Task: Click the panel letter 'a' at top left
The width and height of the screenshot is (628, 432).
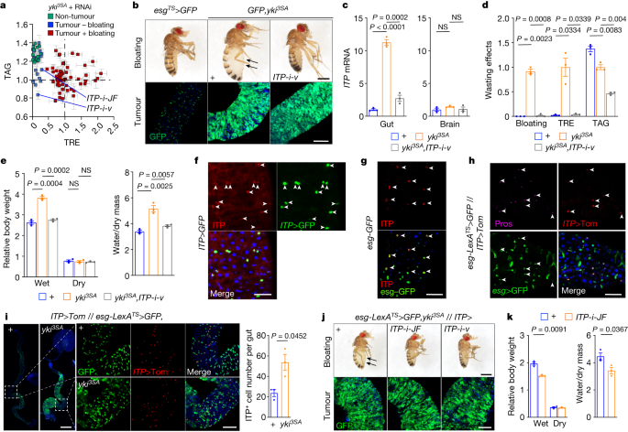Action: point(5,6)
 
